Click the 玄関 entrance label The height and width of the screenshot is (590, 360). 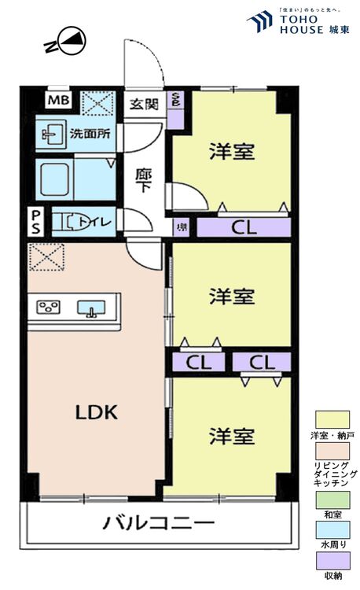[143, 103]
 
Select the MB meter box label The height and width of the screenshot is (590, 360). [57, 101]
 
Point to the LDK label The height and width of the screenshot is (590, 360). [96, 411]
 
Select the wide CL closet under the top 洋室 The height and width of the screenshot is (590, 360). [243, 228]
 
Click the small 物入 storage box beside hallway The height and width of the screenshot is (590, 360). [182, 227]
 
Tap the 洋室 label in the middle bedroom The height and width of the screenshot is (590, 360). [231, 297]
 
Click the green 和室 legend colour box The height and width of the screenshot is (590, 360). [332, 498]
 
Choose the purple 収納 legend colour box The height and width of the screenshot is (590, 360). [332, 559]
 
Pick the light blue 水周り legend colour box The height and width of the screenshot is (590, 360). [332, 529]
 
